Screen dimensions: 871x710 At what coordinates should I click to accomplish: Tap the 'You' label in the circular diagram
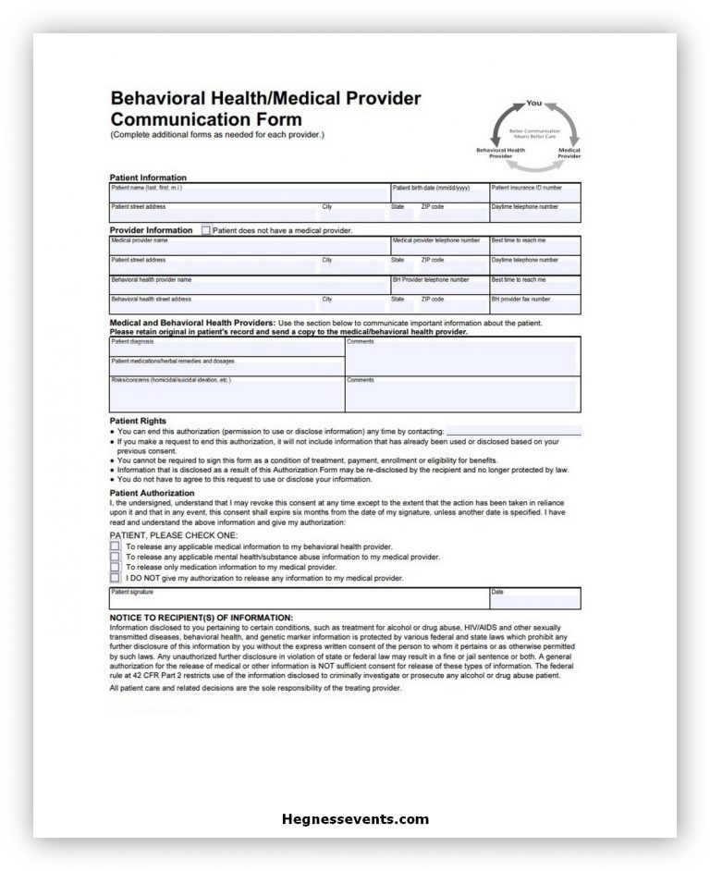[x=533, y=103]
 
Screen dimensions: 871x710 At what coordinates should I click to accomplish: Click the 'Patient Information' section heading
[x=148, y=178]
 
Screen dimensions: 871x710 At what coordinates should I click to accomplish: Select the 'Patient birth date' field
[x=438, y=193]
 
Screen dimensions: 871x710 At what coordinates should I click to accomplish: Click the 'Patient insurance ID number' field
[x=535, y=193]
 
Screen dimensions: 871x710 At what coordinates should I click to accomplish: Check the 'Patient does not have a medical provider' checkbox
[x=206, y=230]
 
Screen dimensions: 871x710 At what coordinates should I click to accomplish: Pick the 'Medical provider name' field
[x=249, y=246]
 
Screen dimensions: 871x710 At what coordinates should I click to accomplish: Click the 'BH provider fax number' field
[x=535, y=305]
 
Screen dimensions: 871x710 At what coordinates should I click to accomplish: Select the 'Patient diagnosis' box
[x=226, y=348]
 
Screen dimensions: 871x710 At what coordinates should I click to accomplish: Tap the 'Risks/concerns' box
[x=226, y=394]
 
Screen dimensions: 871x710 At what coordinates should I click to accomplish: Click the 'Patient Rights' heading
[x=138, y=421]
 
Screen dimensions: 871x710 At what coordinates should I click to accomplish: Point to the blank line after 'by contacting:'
[x=514, y=431]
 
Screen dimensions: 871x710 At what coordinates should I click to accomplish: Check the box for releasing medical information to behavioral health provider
[x=115, y=546]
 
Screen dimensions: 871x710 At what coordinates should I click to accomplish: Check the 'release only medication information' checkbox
[x=115, y=567]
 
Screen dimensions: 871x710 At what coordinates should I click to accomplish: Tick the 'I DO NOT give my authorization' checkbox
[x=115, y=578]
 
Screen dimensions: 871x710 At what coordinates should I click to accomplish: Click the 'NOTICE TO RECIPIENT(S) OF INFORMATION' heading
[x=201, y=617]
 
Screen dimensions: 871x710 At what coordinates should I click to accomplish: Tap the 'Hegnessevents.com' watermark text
[x=355, y=818]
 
